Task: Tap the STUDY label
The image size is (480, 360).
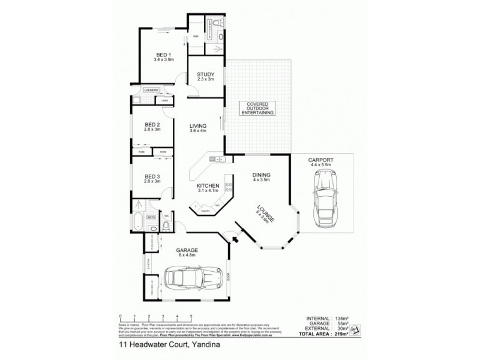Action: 205,76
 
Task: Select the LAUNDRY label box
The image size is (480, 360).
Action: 151,90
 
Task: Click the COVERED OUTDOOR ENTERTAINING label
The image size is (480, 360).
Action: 257,108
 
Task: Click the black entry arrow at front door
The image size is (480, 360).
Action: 235,239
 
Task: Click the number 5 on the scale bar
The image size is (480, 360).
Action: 191,316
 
